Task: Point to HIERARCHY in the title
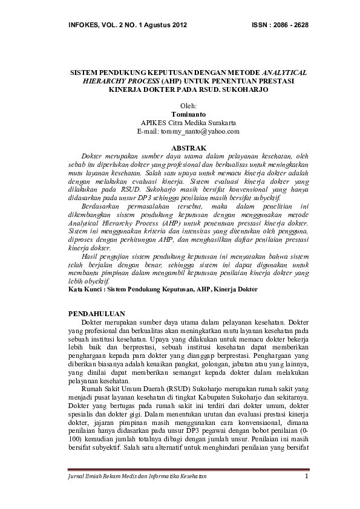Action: click(x=99, y=80)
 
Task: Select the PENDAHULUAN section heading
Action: click(x=97, y=314)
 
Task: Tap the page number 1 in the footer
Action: click(x=307, y=476)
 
